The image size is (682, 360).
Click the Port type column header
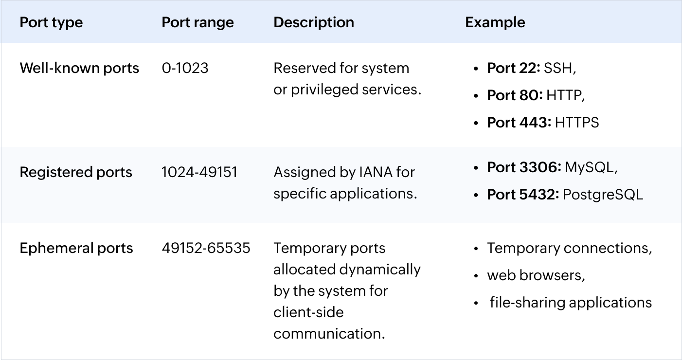[x=51, y=22]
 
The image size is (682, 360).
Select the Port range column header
[x=197, y=22]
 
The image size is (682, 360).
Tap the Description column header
[x=314, y=22]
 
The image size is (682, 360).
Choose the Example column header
[x=495, y=22]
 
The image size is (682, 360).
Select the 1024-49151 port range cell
[x=199, y=172]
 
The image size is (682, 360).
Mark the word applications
[x=374, y=194]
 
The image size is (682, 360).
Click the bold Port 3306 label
[x=524, y=167]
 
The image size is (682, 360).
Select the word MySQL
[x=589, y=167]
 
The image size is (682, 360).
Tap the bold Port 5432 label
[x=523, y=195]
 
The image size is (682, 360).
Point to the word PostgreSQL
[x=603, y=195]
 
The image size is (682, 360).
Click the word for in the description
[x=405, y=172]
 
